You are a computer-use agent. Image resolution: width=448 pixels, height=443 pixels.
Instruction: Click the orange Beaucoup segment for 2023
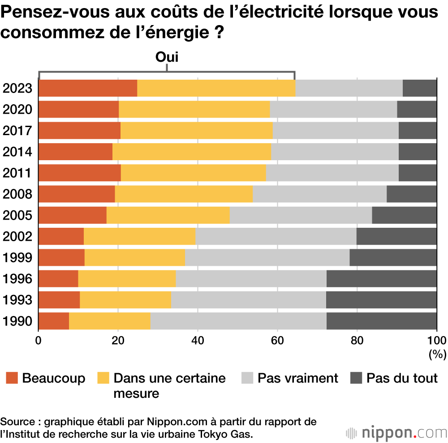point(88,88)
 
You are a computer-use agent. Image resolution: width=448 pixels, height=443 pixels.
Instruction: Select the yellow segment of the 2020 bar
point(194,109)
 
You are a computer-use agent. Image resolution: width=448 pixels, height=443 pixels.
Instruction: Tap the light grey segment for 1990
point(238,321)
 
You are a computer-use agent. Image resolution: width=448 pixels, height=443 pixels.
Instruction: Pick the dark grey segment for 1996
point(382,279)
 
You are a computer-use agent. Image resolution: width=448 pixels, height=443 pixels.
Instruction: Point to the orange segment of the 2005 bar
point(73,215)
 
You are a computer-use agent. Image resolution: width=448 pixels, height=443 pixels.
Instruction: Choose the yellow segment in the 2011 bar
point(194,173)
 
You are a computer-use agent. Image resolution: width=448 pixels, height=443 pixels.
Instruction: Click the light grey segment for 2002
point(276,236)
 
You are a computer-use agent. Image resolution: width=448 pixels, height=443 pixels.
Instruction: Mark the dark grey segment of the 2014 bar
point(418,152)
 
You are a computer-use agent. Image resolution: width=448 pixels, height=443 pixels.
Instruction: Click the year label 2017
point(17,131)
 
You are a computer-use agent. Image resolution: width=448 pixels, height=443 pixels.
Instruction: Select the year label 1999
point(17,258)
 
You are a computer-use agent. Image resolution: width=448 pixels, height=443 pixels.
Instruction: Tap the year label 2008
point(17,194)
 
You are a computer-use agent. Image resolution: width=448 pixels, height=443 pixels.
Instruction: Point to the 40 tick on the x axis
point(198,339)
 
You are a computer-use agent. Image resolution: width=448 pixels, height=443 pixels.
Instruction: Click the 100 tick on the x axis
point(437,339)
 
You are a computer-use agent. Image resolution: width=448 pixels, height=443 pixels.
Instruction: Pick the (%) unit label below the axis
point(437,354)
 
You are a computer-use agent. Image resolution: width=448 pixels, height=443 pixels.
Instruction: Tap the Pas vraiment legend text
point(297,378)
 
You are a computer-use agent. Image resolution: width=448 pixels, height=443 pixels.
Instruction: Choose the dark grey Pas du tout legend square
point(356,379)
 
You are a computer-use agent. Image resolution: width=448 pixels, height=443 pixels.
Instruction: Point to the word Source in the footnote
point(16,422)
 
